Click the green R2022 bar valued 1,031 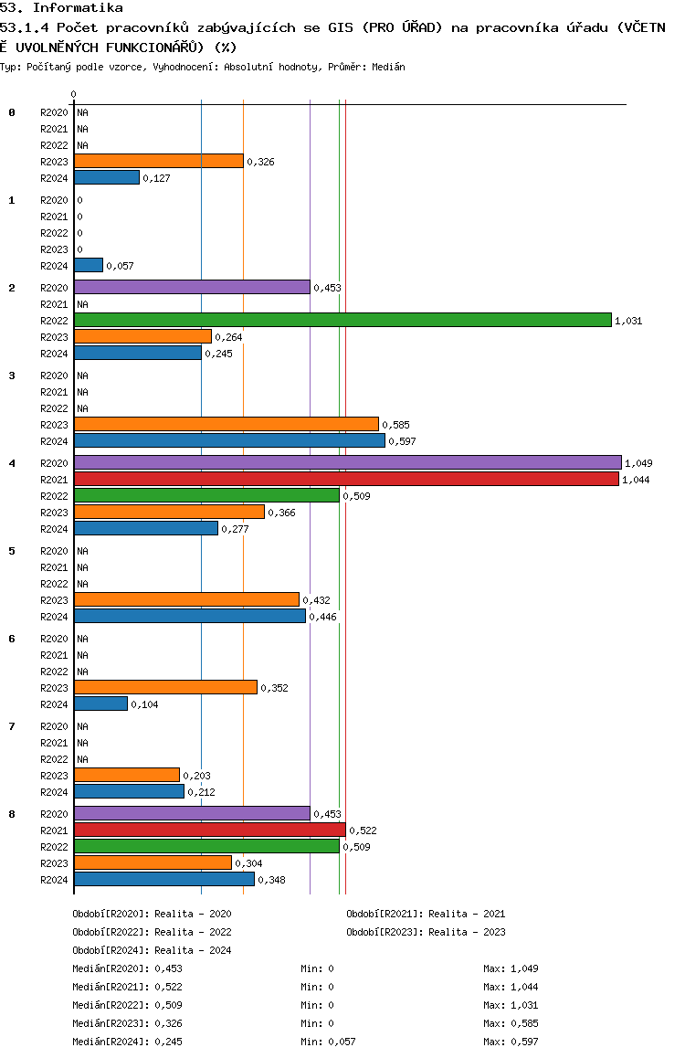click(x=342, y=320)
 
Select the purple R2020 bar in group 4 click(x=348, y=462)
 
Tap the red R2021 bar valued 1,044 click(x=346, y=479)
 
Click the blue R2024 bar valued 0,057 click(x=89, y=265)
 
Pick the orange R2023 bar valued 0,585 click(x=227, y=424)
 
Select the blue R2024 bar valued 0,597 click(x=229, y=440)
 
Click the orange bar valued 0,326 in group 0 click(x=158, y=161)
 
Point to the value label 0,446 click(x=323, y=617)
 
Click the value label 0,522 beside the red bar click(x=363, y=831)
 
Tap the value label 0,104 click(x=144, y=704)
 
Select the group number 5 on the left click(x=12, y=551)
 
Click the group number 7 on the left click(x=12, y=726)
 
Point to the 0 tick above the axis click(x=73, y=94)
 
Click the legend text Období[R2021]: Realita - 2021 click(x=426, y=914)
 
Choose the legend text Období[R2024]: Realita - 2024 click(x=152, y=950)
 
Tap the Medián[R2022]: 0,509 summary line click(x=128, y=1005)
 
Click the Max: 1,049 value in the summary click(x=511, y=968)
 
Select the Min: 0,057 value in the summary click(x=328, y=1042)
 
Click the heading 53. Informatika click(x=61, y=7)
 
